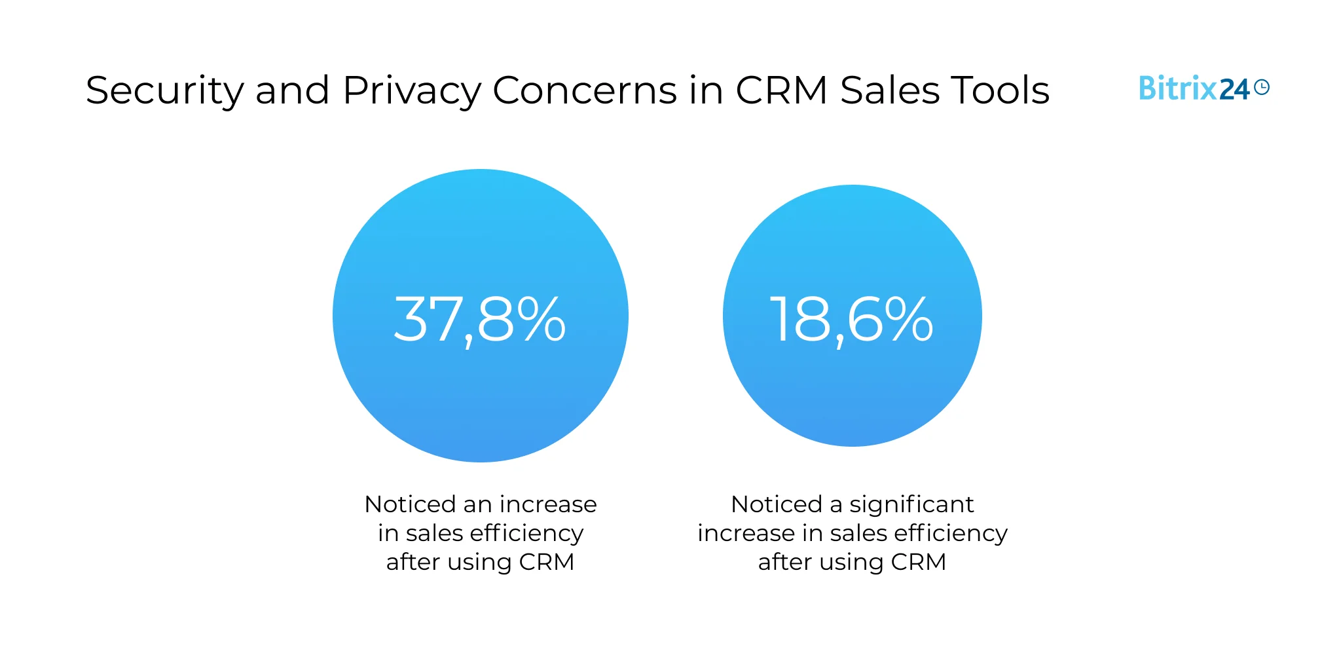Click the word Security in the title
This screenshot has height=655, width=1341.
(x=164, y=90)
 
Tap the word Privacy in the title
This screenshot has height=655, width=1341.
(x=411, y=90)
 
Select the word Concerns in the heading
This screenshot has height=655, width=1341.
(x=584, y=90)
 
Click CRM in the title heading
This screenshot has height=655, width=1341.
(x=781, y=90)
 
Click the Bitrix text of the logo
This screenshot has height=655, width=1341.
(x=1177, y=88)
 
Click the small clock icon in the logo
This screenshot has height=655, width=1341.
(x=1262, y=87)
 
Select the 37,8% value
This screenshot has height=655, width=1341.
(x=480, y=320)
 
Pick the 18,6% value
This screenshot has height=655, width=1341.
(x=851, y=320)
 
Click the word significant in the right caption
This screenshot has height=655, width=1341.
(x=911, y=504)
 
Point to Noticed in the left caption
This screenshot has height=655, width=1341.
(x=410, y=504)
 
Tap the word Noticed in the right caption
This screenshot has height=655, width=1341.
(x=777, y=504)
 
